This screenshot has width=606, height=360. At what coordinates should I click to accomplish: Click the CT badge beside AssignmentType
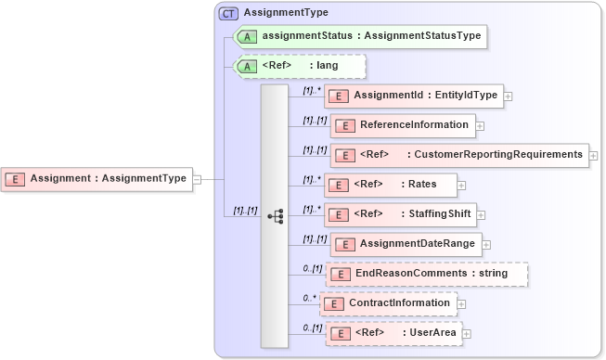pyautogui.click(x=227, y=14)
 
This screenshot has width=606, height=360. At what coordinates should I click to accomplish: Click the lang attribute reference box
pyautogui.click(x=302, y=66)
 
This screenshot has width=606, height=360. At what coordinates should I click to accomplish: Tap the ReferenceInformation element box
pyautogui.click(x=403, y=124)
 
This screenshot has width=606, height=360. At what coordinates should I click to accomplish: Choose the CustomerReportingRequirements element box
pyautogui.click(x=458, y=154)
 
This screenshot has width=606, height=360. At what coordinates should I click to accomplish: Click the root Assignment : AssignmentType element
pyautogui.click(x=97, y=178)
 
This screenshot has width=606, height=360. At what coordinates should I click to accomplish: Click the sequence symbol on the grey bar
pyautogui.click(x=275, y=215)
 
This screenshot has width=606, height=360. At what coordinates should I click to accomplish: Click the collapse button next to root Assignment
pyautogui.click(x=197, y=178)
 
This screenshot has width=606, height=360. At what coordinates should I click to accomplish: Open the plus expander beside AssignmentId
pyautogui.click(x=509, y=96)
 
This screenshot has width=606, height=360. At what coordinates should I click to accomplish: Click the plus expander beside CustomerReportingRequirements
pyautogui.click(x=593, y=155)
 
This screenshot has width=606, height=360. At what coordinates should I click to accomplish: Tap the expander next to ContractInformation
pyautogui.click(x=461, y=303)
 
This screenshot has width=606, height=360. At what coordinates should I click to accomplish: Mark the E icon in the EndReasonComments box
pyautogui.click(x=341, y=274)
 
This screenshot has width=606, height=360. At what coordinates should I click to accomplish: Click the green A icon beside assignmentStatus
pyautogui.click(x=247, y=36)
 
